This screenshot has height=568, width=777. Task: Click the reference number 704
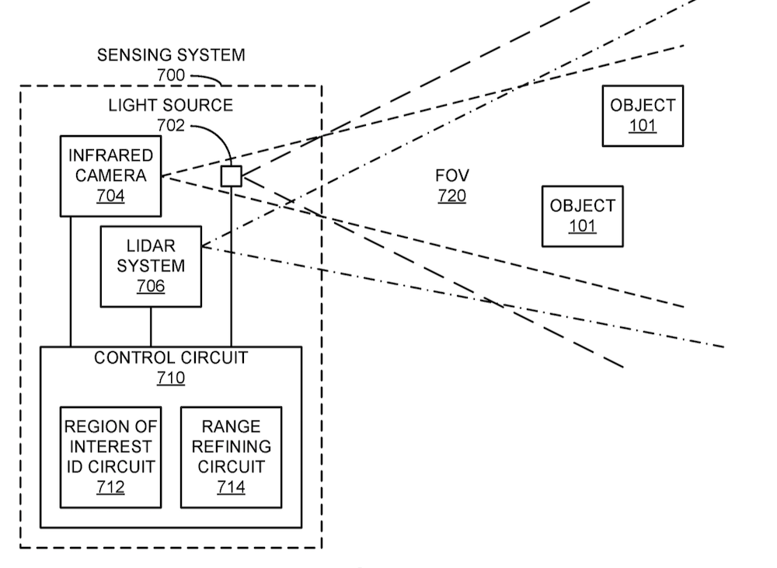110,196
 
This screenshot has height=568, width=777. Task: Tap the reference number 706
151,286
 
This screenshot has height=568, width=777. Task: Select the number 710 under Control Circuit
171,378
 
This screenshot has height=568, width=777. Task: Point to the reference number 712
110,487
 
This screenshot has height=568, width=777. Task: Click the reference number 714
231,487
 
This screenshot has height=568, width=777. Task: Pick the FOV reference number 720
451,196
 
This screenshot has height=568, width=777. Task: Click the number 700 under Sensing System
171,75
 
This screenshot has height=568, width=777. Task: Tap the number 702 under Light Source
171,124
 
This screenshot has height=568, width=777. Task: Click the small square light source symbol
231,176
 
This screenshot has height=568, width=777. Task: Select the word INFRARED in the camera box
110,155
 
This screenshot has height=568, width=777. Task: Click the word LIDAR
151,246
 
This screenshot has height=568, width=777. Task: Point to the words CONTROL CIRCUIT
171,358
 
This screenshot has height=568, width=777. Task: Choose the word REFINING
231,447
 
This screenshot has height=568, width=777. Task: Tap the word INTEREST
110,447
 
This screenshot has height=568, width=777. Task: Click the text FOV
451,176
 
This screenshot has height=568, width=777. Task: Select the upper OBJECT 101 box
643,115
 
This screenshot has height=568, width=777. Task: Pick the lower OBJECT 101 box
582,215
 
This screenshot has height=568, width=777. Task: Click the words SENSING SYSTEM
171,55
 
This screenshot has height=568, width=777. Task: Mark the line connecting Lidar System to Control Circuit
151,326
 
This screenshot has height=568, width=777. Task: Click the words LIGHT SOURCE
171,105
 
